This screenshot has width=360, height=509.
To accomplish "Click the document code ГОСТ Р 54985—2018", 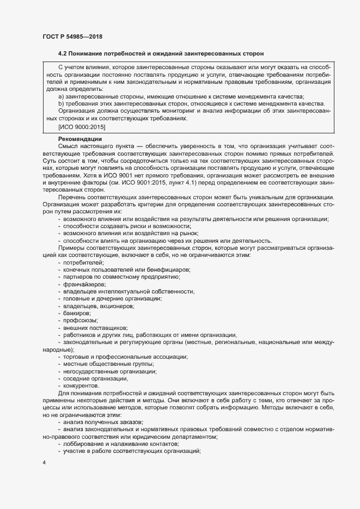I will click(72, 36).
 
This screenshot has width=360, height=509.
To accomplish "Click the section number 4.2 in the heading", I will click(63, 53).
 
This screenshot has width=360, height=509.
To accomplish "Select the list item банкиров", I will click(77, 313).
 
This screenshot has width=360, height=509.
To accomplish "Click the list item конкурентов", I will click(81, 385).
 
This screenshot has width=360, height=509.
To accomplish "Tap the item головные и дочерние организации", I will click(112, 299).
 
